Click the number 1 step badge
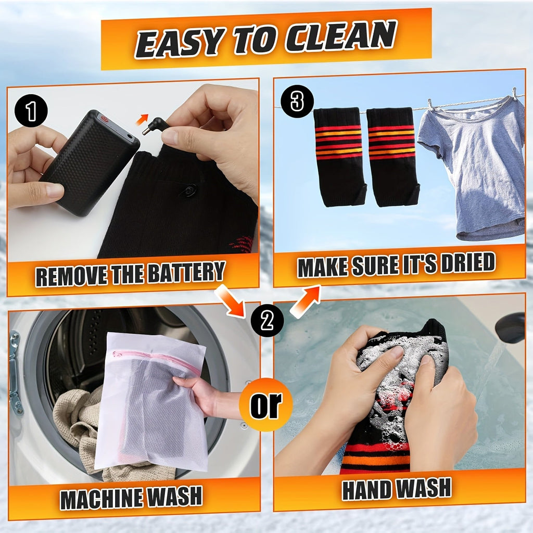point(31,111)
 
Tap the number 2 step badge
point(267,320)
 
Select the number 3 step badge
point(297,101)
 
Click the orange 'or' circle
point(266,404)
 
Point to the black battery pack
point(89,162)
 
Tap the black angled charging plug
point(155,126)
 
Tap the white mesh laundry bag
point(151,401)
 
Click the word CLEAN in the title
point(340,38)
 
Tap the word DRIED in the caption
point(468,263)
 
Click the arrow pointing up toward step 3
point(305,301)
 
